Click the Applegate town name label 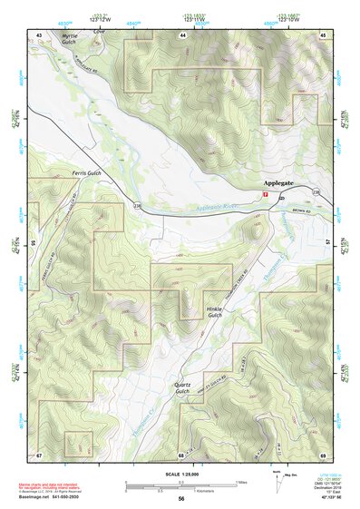[281, 182]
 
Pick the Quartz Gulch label [183, 387]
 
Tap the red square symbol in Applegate [265, 195]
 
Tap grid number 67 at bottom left [39, 454]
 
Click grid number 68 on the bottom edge [181, 454]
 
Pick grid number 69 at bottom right [323, 454]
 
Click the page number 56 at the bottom [181, 499]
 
